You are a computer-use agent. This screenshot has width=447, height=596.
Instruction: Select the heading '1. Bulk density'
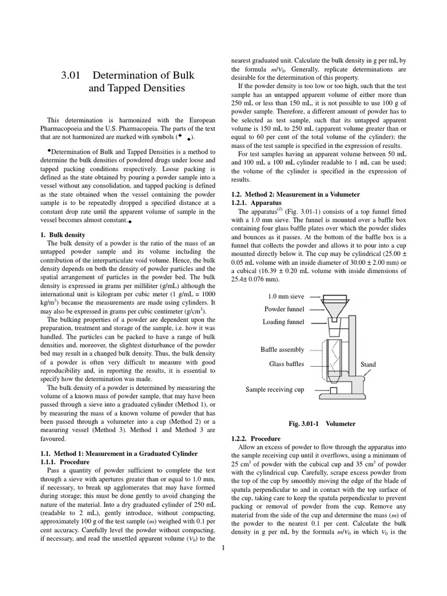click(x=66, y=234)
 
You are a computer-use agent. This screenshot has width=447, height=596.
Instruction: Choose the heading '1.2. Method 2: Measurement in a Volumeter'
click(x=296, y=194)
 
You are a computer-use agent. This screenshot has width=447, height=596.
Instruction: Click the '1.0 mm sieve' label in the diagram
click(x=284, y=296)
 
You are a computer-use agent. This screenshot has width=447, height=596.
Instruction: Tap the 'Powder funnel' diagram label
click(x=284, y=309)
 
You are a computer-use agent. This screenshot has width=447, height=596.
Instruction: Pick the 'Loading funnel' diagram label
click(x=283, y=321)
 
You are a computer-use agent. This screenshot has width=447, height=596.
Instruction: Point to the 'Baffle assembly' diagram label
click(x=282, y=349)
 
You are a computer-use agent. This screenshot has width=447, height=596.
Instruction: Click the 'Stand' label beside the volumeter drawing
click(x=368, y=364)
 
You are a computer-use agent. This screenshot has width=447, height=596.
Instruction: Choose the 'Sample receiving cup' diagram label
click(x=275, y=389)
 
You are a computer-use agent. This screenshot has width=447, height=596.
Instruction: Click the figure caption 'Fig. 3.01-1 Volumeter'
click(x=322, y=424)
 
